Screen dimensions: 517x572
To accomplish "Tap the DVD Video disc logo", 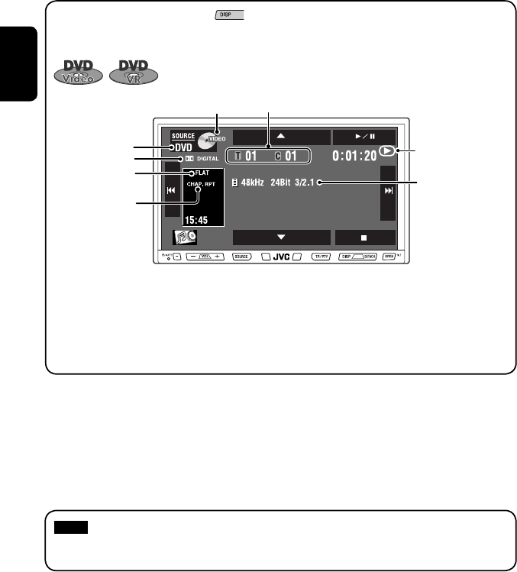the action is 79,70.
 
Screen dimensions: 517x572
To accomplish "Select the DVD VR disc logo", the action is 134,70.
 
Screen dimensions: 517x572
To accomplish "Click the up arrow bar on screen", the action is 281,137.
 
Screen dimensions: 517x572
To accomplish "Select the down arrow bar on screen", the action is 281,237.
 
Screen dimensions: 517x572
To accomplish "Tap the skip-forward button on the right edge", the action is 389,191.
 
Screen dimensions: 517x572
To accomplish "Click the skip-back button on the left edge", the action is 172,191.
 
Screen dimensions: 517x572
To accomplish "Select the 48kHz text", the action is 254,182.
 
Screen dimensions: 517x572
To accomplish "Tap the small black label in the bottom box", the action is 71,527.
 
